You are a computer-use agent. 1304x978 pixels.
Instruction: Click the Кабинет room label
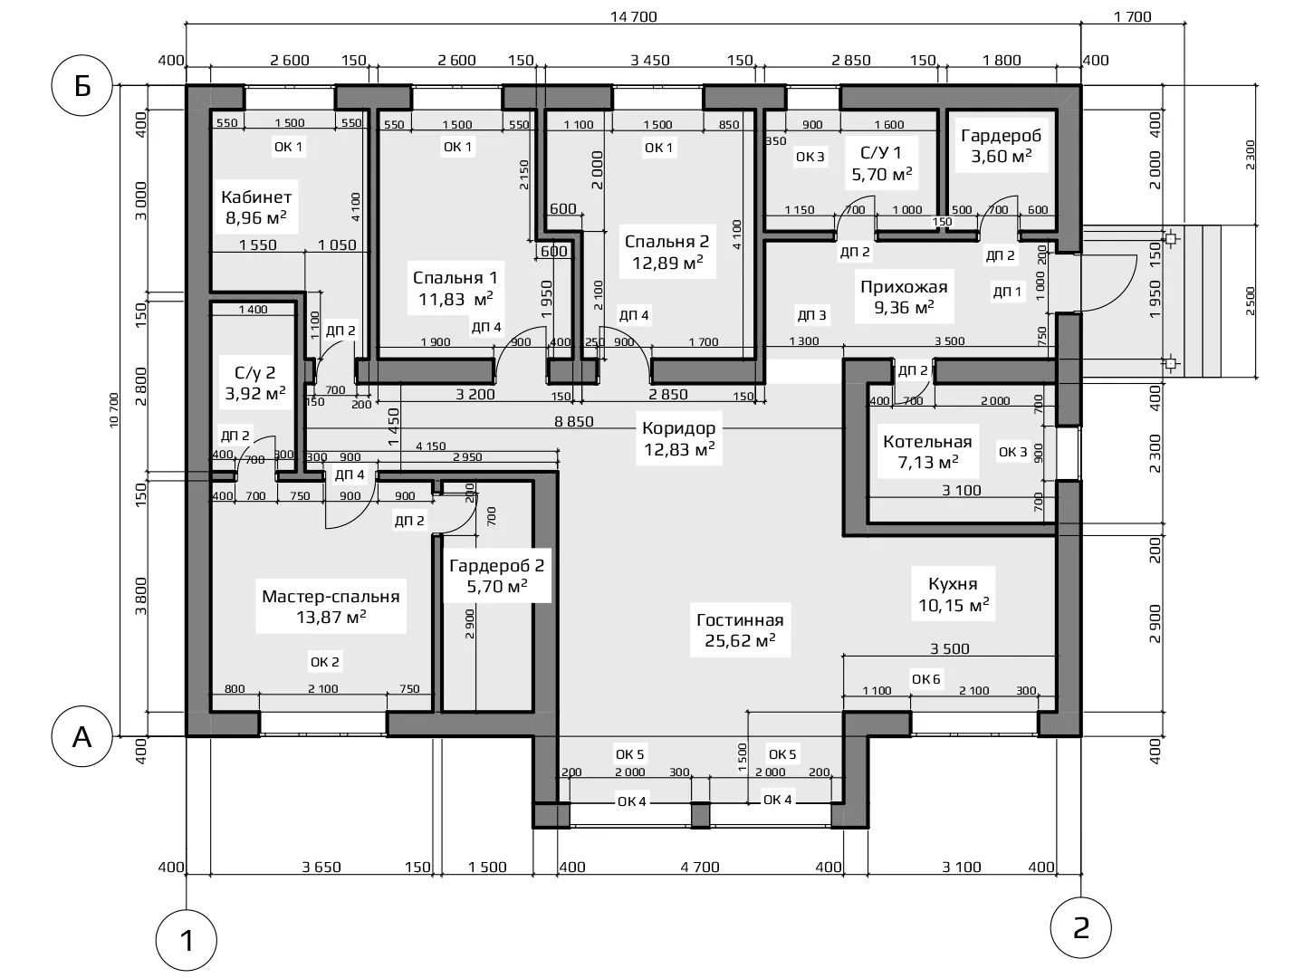point(256,197)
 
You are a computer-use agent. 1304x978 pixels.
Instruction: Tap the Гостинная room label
point(740,620)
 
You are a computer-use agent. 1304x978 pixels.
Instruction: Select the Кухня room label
point(953,584)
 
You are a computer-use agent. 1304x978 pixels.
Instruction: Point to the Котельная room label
point(927,441)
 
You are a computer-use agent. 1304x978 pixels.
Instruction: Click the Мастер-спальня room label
point(331,596)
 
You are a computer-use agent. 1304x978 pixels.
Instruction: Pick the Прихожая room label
point(904,287)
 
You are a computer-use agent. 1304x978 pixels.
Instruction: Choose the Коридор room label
point(678,428)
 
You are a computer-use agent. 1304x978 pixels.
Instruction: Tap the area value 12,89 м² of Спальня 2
point(667,263)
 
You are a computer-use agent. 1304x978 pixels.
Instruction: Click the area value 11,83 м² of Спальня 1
point(455,299)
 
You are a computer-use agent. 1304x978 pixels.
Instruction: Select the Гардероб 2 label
point(496,565)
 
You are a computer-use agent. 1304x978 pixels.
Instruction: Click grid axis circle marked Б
point(82,86)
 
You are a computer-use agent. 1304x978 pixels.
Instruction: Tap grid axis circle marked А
point(82,736)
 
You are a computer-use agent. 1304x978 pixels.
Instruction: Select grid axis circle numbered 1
point(187,941)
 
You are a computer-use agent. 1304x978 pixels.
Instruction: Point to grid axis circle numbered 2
point(1080,927)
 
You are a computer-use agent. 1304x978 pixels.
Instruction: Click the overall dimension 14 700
point(634,16)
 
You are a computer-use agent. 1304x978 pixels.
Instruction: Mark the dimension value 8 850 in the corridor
point(574,422)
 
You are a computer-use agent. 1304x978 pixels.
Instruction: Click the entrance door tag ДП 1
point(1007,292)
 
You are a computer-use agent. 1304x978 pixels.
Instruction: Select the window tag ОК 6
point(925,679)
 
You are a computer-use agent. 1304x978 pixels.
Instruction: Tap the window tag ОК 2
point(324,661)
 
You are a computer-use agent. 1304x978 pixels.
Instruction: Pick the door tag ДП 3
point(811,315)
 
